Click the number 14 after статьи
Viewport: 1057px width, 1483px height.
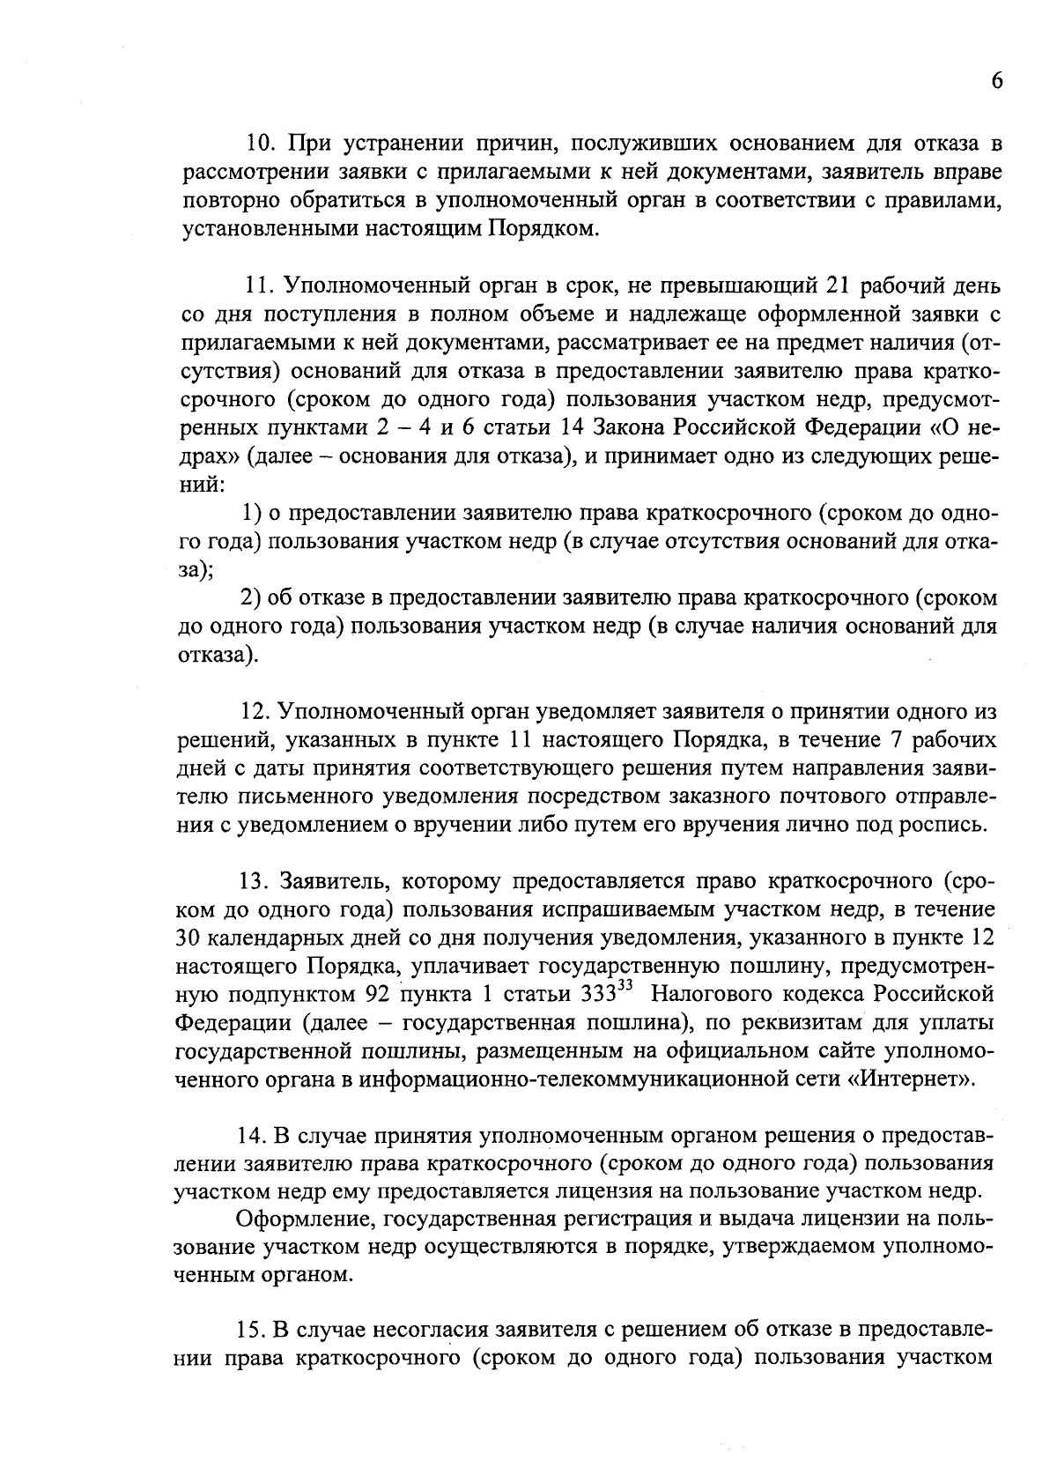pos(574,428)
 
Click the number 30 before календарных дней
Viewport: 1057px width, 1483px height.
pos(190,938)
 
